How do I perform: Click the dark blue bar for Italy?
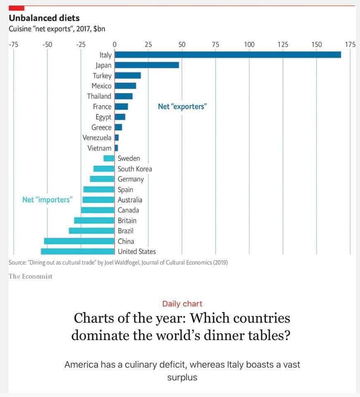click(x=227, y=55)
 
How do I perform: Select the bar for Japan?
click(x=147, y=65)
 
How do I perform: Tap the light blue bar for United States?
click(x=78, y=251)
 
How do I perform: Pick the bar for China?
click(x=79, y=241)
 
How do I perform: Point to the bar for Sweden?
click(x=109, y=158)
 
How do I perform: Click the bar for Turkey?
click(x=128, y=75)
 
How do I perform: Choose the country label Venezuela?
click(x=97, y=138)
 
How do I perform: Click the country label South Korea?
click(x=135, y=169)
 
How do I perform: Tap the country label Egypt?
click(x=103, y=117)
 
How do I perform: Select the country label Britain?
click(x=127, y=220)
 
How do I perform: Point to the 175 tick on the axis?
click(x=350, y=44)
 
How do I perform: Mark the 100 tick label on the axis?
click(x=249, y=44)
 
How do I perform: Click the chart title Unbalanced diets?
click(x=44, y=18)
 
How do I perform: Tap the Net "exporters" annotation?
click(x=182, y=107)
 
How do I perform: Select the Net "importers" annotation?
click(x=48, y=200)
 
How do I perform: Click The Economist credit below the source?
click(x=31, y=276)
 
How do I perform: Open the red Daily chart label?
click(x=182, y=304)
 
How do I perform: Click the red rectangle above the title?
click(x=17, y=8)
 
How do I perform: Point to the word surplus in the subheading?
click(x=182, y=377)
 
